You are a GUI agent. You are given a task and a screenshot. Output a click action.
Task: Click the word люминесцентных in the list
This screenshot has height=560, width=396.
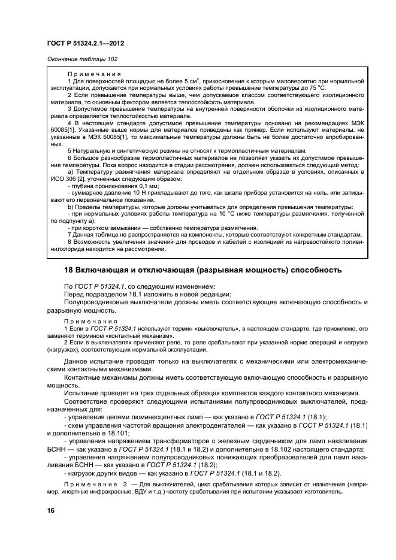[144, 416]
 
